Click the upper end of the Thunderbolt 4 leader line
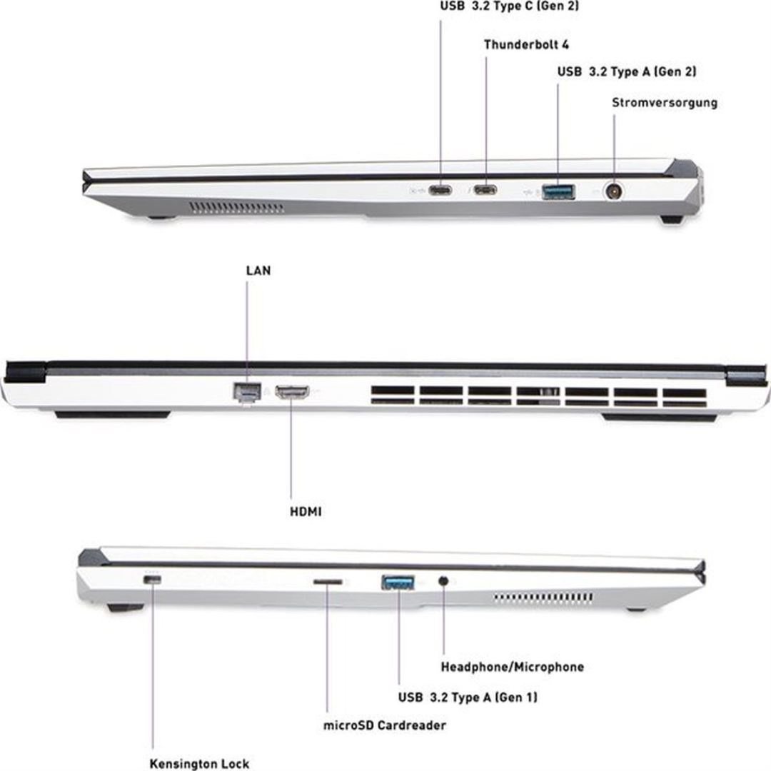tap(486, 57)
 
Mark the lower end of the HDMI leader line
tap(291, 498)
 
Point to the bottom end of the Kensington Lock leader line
tap(153, 748)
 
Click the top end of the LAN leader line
tap(247, 282)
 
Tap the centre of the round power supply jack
tap(613, 191)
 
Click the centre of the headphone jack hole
tap(443, 581)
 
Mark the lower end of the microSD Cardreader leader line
tap(327, 712)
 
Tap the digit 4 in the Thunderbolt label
tap(565, 45)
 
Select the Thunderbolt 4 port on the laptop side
tap(485, 190)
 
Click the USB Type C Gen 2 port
tap(440, 190)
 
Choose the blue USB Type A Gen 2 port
tap(558, 191)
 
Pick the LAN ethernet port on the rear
tap(247, 392)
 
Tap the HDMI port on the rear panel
tap(292, 392)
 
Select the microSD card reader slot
tap(328, 582)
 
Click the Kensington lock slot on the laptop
tap(153, 580)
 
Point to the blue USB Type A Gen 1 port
tap(398, 583)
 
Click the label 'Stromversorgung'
tap(665, 104)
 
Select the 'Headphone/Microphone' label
tap(513, 667)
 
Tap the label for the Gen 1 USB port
tap(468, 697)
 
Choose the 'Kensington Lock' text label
tap(199, 764)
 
